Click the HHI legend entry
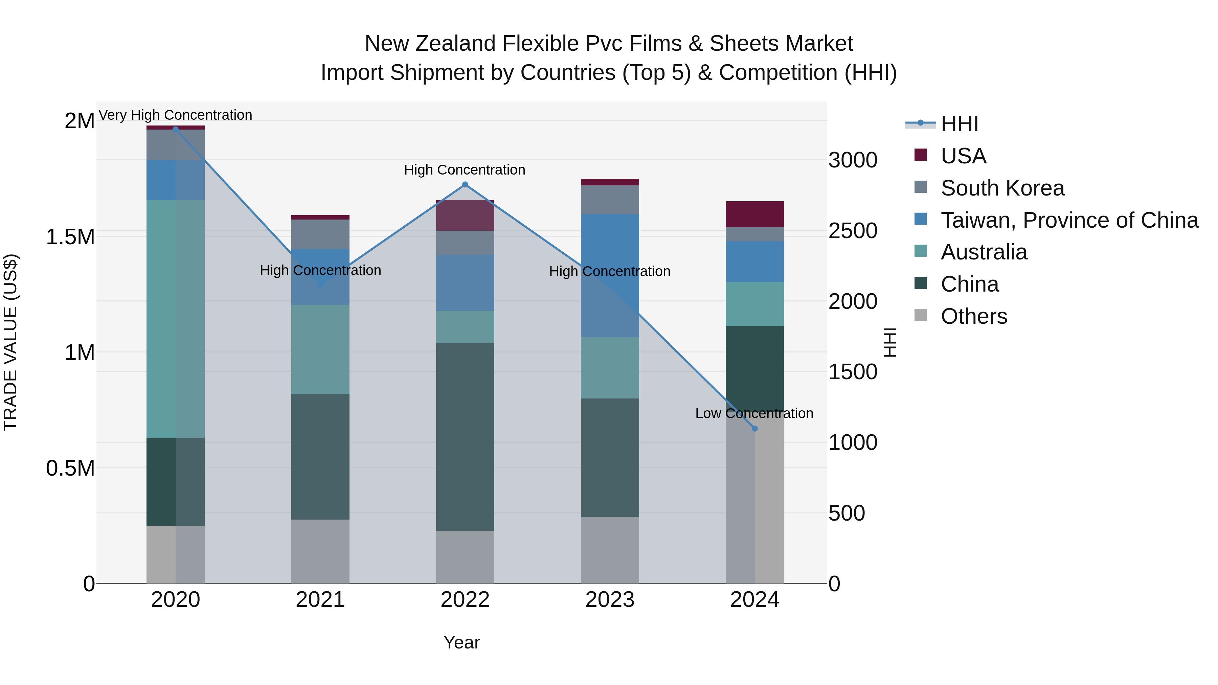click(959, 124)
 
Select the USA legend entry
click(963, 156)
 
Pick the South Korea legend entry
click(1002, 188)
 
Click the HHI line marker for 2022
click(465, 184)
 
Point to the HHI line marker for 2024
click(754, 428)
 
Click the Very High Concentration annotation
click(175, 115)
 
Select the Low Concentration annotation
click(754, 413)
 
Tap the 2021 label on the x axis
click(320, 600)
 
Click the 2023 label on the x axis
click(609, 600)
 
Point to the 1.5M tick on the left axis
click(70, 237)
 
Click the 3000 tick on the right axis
click(853, 160)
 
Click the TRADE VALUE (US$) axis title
click(10, 342)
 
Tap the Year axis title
click(461, 642)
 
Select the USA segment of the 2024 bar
click(754, 214)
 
